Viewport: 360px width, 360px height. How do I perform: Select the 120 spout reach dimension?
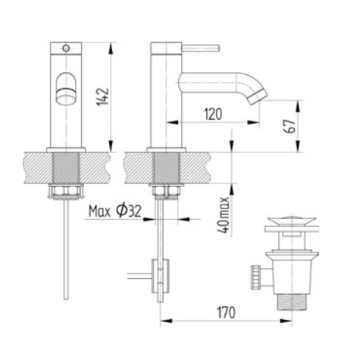tap(214, 113)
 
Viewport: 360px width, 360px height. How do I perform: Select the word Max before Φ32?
tap(99, 211)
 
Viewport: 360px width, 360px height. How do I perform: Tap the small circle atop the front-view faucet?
tap(67, 48)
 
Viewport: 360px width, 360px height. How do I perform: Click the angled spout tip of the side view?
tap(256, 96)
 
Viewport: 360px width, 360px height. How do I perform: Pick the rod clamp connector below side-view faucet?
tap(159, 272)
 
